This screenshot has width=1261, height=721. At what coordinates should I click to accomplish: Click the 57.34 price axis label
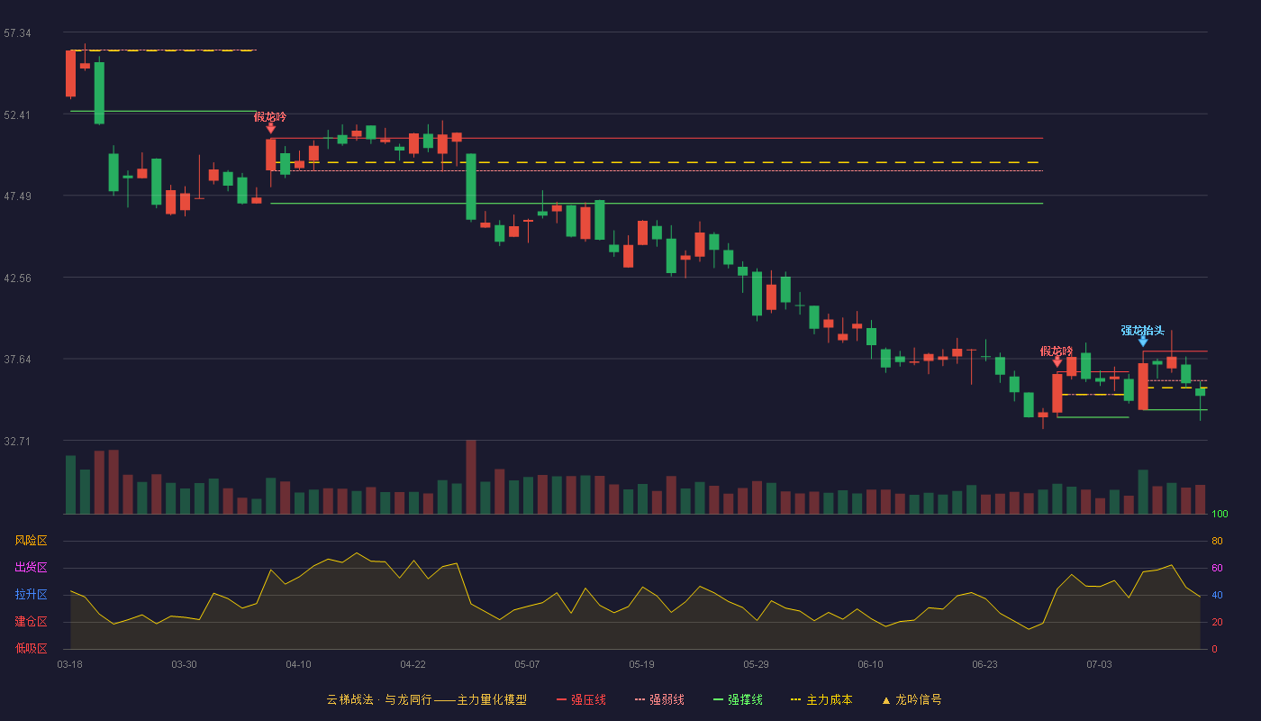point(17,33)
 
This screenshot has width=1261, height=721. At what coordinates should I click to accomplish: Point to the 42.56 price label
point(17,278)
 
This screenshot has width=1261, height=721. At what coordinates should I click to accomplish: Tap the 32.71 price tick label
point(17,441)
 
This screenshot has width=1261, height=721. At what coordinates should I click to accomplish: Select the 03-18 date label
point(70,665)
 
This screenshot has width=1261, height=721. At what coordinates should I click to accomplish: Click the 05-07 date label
point(527,665)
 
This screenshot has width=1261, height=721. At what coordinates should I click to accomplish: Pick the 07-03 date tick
point(1099,665)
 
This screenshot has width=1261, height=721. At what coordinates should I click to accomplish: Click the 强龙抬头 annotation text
point(1142,331)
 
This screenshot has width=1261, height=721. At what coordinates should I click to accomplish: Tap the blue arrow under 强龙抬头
point(1143,342)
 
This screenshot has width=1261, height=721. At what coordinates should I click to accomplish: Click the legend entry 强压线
point(581,699)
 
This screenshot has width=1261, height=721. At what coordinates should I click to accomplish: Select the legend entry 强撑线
point(738,699)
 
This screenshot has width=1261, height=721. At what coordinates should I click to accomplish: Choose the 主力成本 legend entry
point(821,699)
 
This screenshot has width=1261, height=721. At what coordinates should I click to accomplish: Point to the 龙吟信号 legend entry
point(912,699)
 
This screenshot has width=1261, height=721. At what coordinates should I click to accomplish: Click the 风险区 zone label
point(31,541)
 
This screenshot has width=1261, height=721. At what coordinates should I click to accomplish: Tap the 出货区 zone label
point(31,567)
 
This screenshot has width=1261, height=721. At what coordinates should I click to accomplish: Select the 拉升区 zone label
point(31,594)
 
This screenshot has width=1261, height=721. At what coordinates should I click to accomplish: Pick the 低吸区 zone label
point(31,648)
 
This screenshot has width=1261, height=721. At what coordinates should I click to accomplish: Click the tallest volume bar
point(471,477)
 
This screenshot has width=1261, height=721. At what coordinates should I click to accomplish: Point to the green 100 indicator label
point(1220,514)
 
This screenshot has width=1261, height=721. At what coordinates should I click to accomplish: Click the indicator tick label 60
point(1217,568)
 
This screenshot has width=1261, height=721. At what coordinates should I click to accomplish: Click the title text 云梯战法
point(350,699)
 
